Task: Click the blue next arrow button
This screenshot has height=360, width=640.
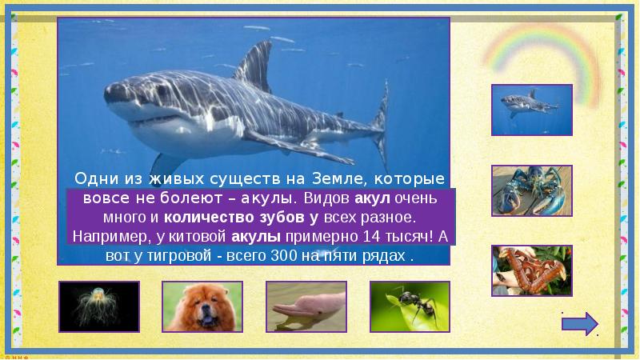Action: click(580, 324)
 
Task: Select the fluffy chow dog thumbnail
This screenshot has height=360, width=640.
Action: click(202, 306)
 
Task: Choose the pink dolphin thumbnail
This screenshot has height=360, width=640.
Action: click(306, 306)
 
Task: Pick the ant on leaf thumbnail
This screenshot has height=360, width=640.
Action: click(410, 306)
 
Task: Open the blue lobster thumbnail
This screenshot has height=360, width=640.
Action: click(531, 191)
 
